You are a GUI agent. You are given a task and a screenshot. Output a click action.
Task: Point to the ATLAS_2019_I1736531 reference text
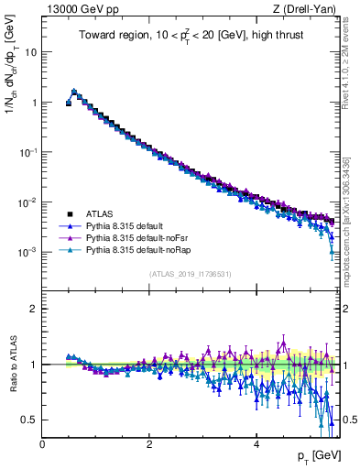click(190, 275)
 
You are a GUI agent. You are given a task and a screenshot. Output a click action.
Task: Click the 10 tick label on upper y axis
click(31, 52)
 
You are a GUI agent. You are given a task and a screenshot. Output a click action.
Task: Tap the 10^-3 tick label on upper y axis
click(27, 251)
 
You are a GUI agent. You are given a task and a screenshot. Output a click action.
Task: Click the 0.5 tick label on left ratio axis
click(30, 420)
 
